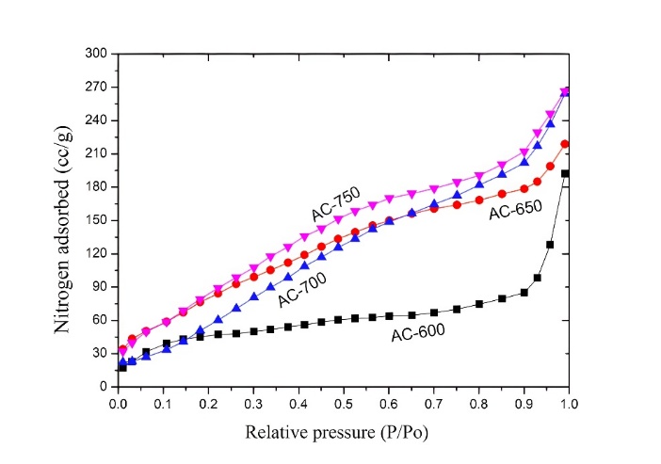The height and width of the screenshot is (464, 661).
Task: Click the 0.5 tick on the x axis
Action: click(343, 404)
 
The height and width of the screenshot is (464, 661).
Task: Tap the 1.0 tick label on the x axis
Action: click(568, 404)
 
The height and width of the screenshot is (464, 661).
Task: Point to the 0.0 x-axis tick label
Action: click(118, 404)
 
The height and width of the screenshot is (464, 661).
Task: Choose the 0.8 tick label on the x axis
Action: click(477, 404)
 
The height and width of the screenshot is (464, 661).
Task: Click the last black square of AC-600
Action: click(566, 173)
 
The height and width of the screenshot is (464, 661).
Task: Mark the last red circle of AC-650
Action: click(565, 144)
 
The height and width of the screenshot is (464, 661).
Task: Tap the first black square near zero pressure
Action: click(122, 367)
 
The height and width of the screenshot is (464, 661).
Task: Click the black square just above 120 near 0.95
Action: click(550, 245)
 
